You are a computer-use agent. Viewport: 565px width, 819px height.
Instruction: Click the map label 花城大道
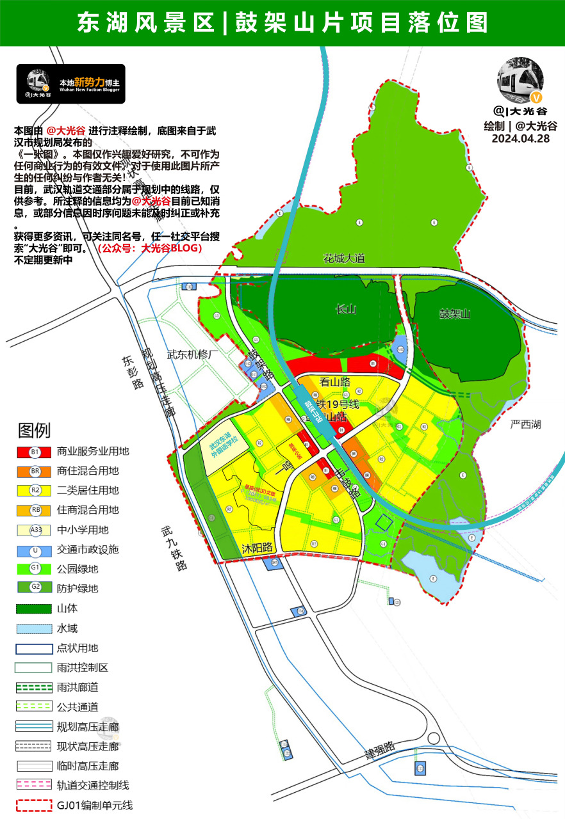[x=344, y=258]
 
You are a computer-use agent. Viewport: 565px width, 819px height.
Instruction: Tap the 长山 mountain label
[x=345, y=310]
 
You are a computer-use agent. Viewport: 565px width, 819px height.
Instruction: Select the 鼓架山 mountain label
[x=455, y=314]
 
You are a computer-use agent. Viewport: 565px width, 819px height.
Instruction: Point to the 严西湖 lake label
[x=525, y=424]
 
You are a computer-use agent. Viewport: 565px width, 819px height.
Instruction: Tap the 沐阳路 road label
[x=258, y=548]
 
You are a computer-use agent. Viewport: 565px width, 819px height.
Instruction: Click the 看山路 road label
[x=335, y=382]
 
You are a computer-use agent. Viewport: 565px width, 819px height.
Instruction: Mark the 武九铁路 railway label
[x=174, y=548]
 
